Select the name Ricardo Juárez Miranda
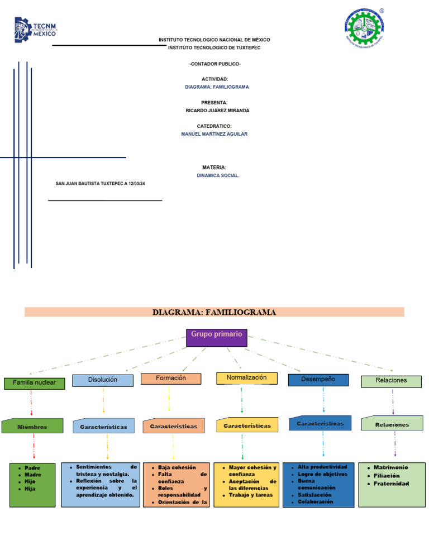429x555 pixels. click(217, 111)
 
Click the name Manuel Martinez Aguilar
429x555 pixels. click(214, 134)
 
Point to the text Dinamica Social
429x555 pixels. click(218, 175)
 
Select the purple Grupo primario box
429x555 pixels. click(216, 337)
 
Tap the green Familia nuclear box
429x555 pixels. click(34, 383)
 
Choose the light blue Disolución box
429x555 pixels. click(103, 380)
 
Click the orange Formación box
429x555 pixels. click(170, 379)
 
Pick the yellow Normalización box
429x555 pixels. click(246, 378)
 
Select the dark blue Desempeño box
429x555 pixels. click(318, 380)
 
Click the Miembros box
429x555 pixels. click(32, 427)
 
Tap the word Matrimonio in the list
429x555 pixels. click(391, 467)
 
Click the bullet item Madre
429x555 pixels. click(33, 475)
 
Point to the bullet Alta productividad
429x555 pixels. click(322, 467)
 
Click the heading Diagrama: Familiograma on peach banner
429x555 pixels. click(214, 312)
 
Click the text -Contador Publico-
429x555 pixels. click(214, 64)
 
